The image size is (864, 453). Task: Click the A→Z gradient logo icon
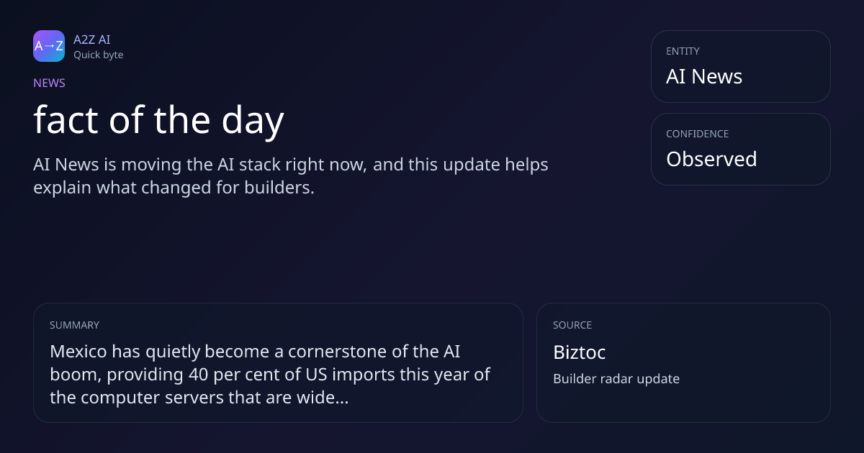pos(49,46)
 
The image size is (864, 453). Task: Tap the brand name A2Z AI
pos(92,40)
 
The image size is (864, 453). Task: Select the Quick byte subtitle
pos(99,55)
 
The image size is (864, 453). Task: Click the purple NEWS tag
pos(49,83)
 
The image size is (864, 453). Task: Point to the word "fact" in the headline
pos(66,120)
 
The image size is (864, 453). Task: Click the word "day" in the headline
pos(253,121)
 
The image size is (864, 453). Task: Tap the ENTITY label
pos(683,51)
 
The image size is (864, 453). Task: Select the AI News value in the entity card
pos(704,76)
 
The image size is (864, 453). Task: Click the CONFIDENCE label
pos(698,134)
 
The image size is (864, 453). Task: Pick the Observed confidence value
pos(711,159)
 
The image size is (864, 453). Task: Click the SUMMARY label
pos(74,325)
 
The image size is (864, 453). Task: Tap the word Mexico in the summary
pos(78,352)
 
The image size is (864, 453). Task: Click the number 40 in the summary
pos(198,375)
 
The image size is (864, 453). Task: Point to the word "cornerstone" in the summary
pos(337,352)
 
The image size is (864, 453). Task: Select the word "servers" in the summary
pos(194,398)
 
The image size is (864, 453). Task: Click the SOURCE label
pos(572,325)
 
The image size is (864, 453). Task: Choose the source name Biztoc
pos(580,352)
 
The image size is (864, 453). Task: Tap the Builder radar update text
pos(616,379)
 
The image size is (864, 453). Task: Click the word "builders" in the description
pos(279,188)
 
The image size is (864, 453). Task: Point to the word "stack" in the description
pos(260,165)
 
